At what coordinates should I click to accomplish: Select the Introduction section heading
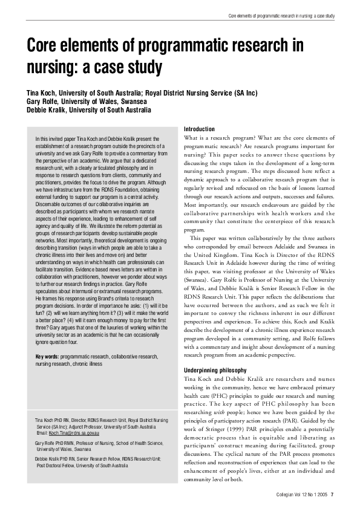coord(198,129)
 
